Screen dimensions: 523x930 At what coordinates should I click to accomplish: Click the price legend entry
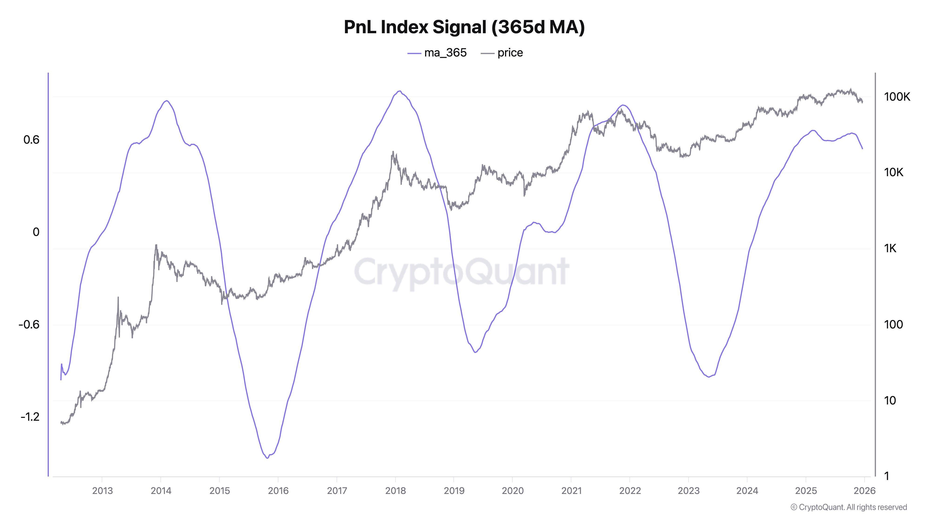coord(502,53)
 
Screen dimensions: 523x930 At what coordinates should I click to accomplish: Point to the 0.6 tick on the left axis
coord(31,140)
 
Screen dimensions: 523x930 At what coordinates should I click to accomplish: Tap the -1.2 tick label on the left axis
coord(30,417)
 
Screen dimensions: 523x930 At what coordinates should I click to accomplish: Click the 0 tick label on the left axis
coord(36,232)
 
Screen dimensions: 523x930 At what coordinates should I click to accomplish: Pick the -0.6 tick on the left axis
coord(29,324)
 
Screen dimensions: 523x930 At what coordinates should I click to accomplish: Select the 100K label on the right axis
coord(897,97)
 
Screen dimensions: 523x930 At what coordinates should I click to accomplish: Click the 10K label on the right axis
coord(893,172)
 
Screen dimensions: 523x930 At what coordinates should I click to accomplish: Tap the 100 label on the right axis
coord(893,324)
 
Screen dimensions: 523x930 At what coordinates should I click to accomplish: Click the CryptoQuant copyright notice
coord(848,507)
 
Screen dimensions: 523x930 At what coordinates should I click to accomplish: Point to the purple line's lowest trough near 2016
coord(267,458)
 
